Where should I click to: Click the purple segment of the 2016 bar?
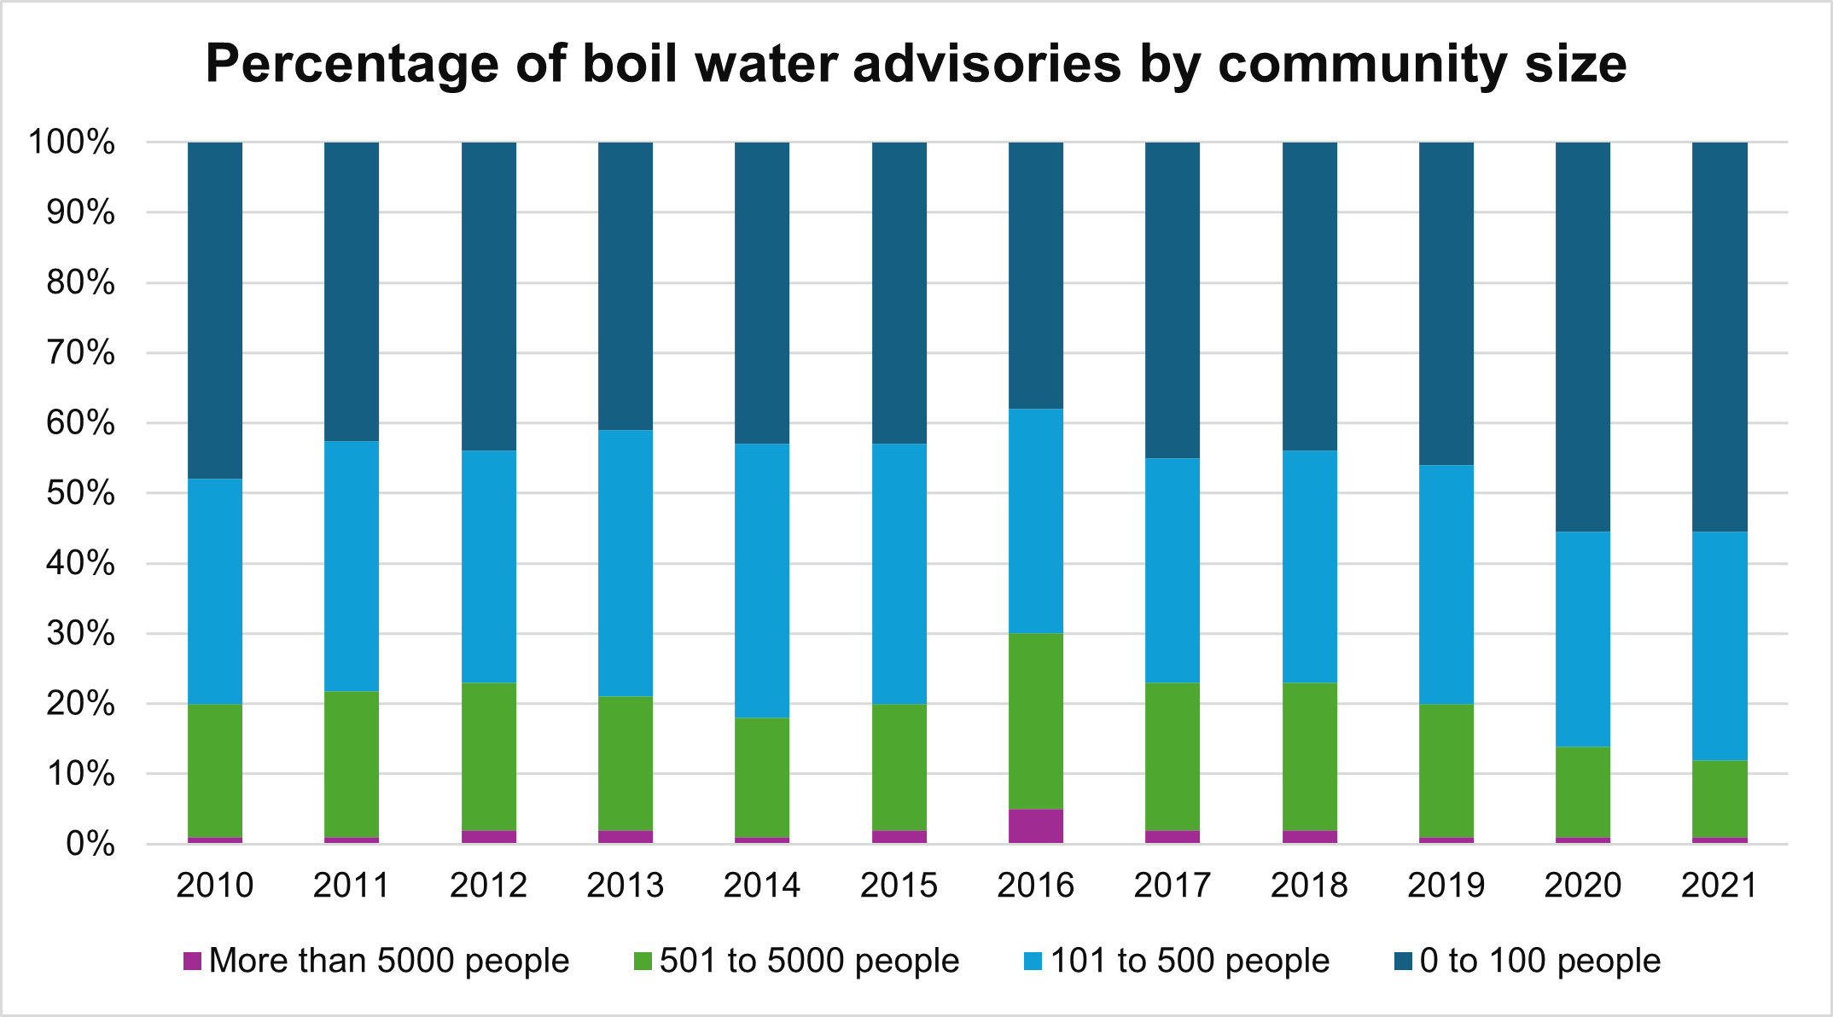pyautogui.click(x=1036, y=826)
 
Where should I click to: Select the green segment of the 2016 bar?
pyautogui.click(x=1036, y=721)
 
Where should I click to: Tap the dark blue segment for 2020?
pyautogui.click(x=1583, y=337)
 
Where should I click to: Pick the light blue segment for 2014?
pyautogui.click(x=762, y=580)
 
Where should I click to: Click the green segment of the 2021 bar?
pyautogui.click(x=1720, y=799)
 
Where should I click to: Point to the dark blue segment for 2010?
pyautogui.click(x=215, y=311)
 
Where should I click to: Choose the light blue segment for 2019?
pyautogui.click(x=1446, y=584)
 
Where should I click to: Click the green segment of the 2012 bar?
pyautogui.click(x=489, y=756)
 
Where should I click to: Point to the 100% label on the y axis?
pyautogui.click(x=72, y=142)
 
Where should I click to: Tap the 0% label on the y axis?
pyautogui.click(x=90, y=844)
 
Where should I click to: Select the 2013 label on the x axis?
pyautogui.click(x=626, y=885)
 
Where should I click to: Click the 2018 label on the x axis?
pyautogui.click(x=1309, y=885)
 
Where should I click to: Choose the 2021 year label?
pyautogui.click(x=1720, y=885)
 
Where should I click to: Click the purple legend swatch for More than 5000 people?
pyautogui.click(x=192, y=962)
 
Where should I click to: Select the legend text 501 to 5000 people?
pyautogui.click(x=809, y=961)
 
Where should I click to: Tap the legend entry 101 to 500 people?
pyautogui.click(x=1190, y=961)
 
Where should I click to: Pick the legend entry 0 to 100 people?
pyautogui.click(x=1539, y=961)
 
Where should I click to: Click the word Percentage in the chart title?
pyautogui.click(x=352, y=64)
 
